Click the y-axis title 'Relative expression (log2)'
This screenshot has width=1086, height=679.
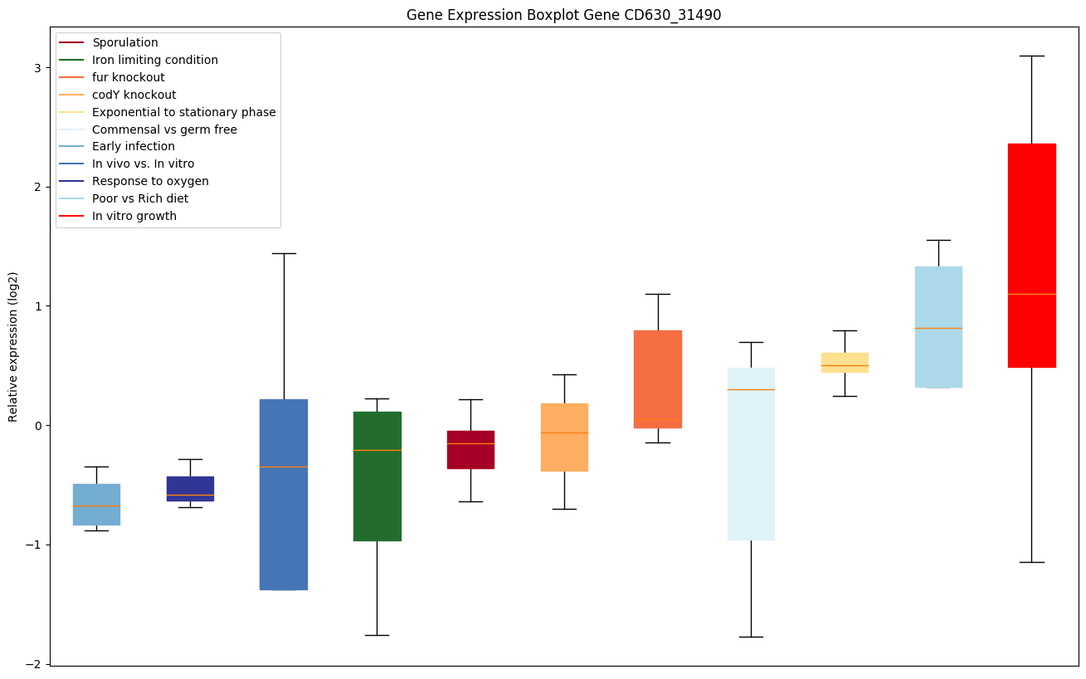point(13,346)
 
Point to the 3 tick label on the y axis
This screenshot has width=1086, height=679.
point(37,67)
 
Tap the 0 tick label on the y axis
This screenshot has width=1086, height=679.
point(37,426)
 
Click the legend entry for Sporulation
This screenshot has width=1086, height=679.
point(125,42)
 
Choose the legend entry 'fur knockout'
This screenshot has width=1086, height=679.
point(129,77)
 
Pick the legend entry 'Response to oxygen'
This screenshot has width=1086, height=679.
point(150,181)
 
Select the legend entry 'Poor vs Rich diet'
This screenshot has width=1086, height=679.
point(140,198)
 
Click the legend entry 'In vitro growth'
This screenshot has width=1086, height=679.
point(134,216)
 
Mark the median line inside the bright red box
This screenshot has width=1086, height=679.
point(1031,294)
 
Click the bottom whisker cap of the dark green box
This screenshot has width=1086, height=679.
point(377,635)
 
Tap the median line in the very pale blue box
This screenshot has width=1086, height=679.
point(751,389)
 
